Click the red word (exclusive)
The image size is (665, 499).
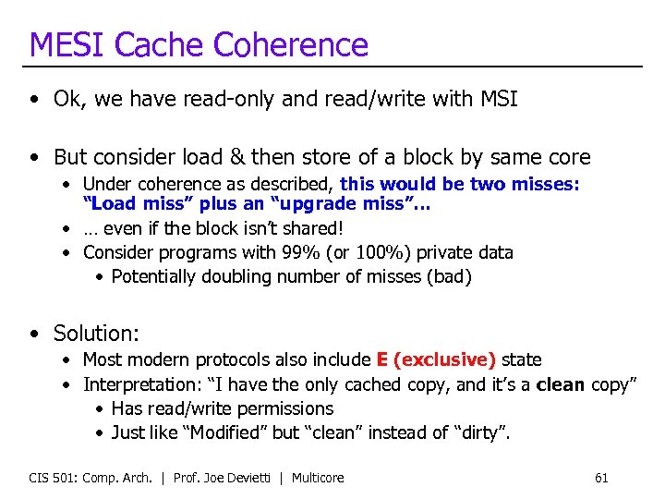[x=447, y=359]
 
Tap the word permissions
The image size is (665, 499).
[x=284, y=408]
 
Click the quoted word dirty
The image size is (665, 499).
[x=481, y=432]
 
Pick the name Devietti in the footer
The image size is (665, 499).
[x=252, y=478]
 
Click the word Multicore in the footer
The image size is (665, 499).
[x=318, y=478]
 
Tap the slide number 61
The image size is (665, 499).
[x=601, y=478]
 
